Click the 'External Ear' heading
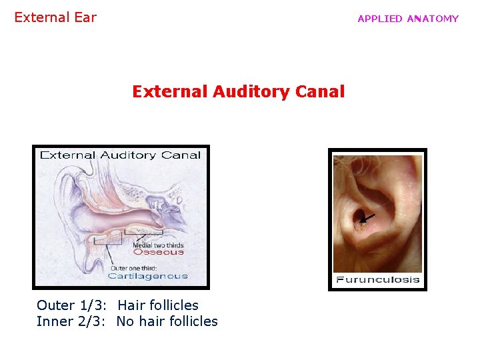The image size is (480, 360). click(55, 17)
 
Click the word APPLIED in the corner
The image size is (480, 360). click(380, 19)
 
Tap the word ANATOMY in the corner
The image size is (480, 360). click(433, 19)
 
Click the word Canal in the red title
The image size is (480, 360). click(322, 91)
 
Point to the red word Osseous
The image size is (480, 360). click(158, 252)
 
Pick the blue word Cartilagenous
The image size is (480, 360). click(147, 276)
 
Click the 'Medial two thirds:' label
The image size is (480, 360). click(158, 244)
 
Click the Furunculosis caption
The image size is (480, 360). click(377, 279)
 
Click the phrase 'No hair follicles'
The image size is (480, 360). click(167, 321)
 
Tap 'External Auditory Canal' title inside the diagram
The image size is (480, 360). click(121, 155)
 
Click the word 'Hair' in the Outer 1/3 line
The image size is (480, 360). click(131, 305)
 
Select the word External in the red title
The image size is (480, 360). click(169, 91)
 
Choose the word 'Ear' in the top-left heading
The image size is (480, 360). click(85, 17)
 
